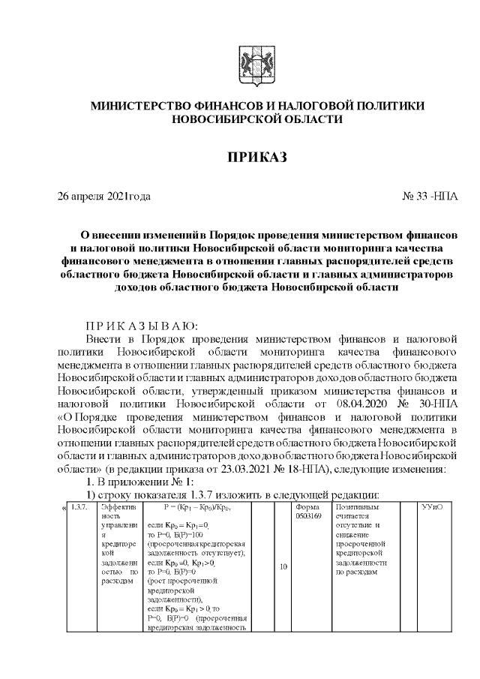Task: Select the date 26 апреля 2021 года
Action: (x=104, y=197)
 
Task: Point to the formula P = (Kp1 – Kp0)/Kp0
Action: (x=193, y=508)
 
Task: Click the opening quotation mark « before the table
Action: (x=63, y=508)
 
